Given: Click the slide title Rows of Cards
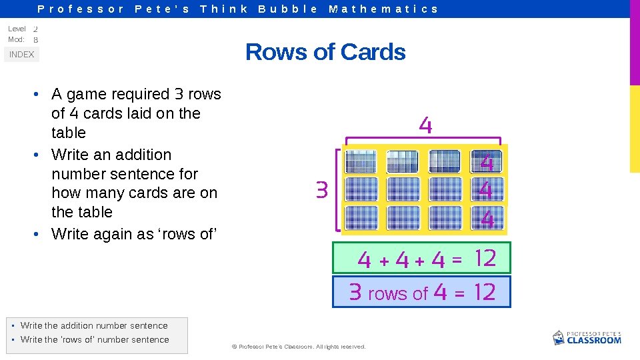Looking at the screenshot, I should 325,52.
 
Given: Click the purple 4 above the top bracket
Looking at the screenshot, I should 425,125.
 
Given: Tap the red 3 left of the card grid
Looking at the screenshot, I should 322,191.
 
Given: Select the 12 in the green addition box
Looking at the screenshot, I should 486,258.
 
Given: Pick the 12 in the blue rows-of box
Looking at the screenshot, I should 485,291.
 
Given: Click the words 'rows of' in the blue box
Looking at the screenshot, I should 398,293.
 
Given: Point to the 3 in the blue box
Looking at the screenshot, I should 355,292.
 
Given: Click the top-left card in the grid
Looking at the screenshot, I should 361,162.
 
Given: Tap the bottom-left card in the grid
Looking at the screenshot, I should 361,217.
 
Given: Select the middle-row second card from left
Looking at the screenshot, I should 403,189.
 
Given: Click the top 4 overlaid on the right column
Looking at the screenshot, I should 487,162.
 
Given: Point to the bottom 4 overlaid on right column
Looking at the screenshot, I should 487,219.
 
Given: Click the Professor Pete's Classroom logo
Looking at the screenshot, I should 587,337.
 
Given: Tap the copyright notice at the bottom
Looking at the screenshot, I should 298,347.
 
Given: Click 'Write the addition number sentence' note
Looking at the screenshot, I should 94,326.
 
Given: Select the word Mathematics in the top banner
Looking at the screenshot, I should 383,9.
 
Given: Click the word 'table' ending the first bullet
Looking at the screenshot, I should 69,133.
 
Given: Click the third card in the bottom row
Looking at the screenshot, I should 445,217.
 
